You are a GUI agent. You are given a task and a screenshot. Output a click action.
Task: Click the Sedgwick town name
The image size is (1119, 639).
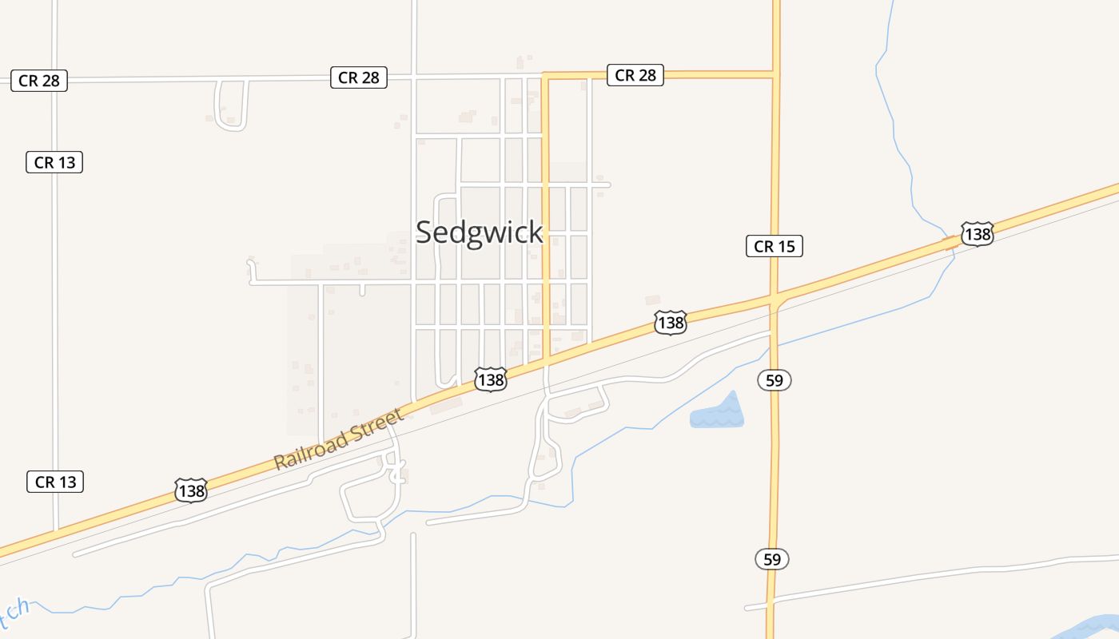pyautogui.click(x=480, y=232)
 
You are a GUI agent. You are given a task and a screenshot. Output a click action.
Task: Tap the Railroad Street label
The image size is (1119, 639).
pyautogui.click(x=339, y=440)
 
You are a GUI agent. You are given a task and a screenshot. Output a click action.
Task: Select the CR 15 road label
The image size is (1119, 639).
pyautogui.click(x=774, y=246)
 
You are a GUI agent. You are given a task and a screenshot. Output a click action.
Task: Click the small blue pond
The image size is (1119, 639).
pyautogui.click(x=718, y=415)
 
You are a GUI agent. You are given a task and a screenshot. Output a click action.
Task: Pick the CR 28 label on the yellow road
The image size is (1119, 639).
pyautogui.click(x=635, y=75)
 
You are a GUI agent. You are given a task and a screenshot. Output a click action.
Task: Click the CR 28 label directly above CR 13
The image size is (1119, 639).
pyautogui.click(x=39, y=81)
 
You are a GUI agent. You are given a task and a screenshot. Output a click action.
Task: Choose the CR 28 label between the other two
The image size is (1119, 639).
pyautogui.click(x=359, y=77)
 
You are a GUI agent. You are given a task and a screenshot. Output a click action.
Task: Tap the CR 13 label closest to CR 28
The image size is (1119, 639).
pyautogui.click(x=54, y=162)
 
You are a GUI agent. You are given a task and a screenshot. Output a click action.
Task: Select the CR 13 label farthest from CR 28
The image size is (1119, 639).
pyautogui.click(x=54, y=482)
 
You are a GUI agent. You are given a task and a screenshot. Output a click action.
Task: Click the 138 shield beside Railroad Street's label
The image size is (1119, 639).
pyautogui.click(x=490, y=379)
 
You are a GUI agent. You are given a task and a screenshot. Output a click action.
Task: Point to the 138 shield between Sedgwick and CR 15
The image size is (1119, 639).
pyautogui.click(x=670, y=322)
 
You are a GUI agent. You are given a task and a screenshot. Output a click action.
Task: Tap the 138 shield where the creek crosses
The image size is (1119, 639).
pyautogui.click(x=977, y=234)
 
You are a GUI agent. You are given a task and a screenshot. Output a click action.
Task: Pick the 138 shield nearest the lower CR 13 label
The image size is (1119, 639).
pyautogui.click(x=191, y=490)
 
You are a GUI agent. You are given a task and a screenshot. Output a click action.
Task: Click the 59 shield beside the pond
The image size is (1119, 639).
pyautogui.click(x=774, y=380)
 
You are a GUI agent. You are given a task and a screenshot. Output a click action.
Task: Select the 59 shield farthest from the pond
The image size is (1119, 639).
pyautogui.click(x=772, y=559)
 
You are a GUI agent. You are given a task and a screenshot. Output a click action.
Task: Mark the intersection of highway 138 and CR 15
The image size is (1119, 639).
pyautogui.click(x=775, y=299)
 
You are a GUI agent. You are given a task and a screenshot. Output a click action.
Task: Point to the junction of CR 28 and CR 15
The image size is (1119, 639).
pyautogui.click(x=775, y=75)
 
